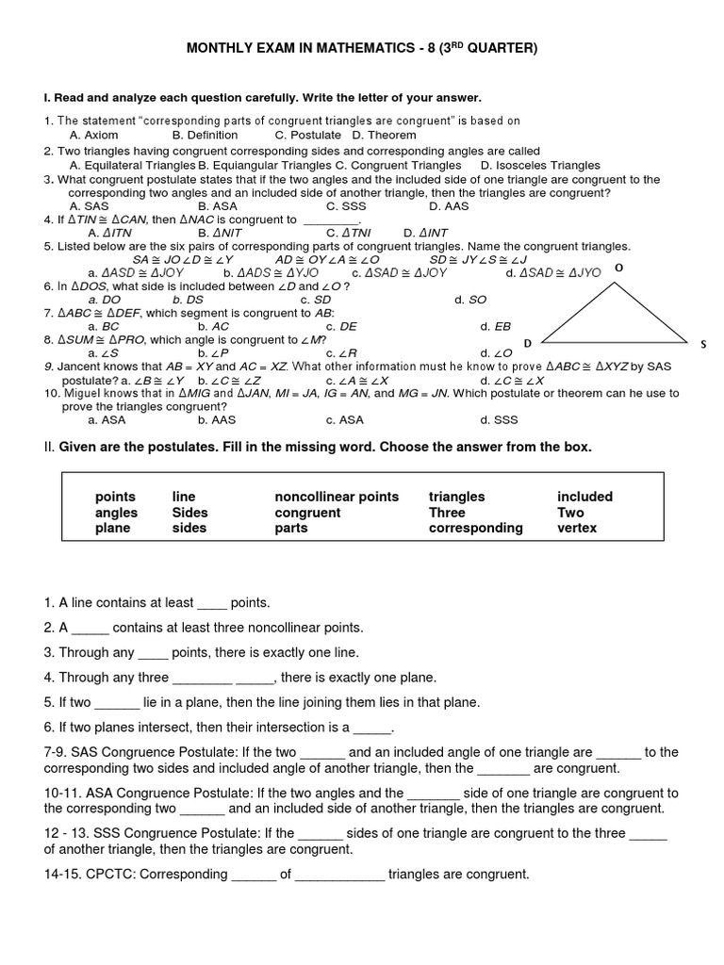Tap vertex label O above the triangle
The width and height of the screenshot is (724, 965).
[619, 268]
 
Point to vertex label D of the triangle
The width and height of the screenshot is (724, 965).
[528, 343]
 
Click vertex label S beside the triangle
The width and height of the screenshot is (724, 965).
[703, 344]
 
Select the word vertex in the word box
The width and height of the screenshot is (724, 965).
[577, 528]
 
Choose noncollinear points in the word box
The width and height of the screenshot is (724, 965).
[337, 497]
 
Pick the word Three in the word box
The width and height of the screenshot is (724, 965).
[447, 513]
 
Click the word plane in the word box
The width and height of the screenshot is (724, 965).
[112, 528]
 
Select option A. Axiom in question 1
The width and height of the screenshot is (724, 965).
[94, 135]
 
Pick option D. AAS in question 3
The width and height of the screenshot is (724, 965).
[449, 205]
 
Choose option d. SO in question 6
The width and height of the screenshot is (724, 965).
[470, 300]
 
